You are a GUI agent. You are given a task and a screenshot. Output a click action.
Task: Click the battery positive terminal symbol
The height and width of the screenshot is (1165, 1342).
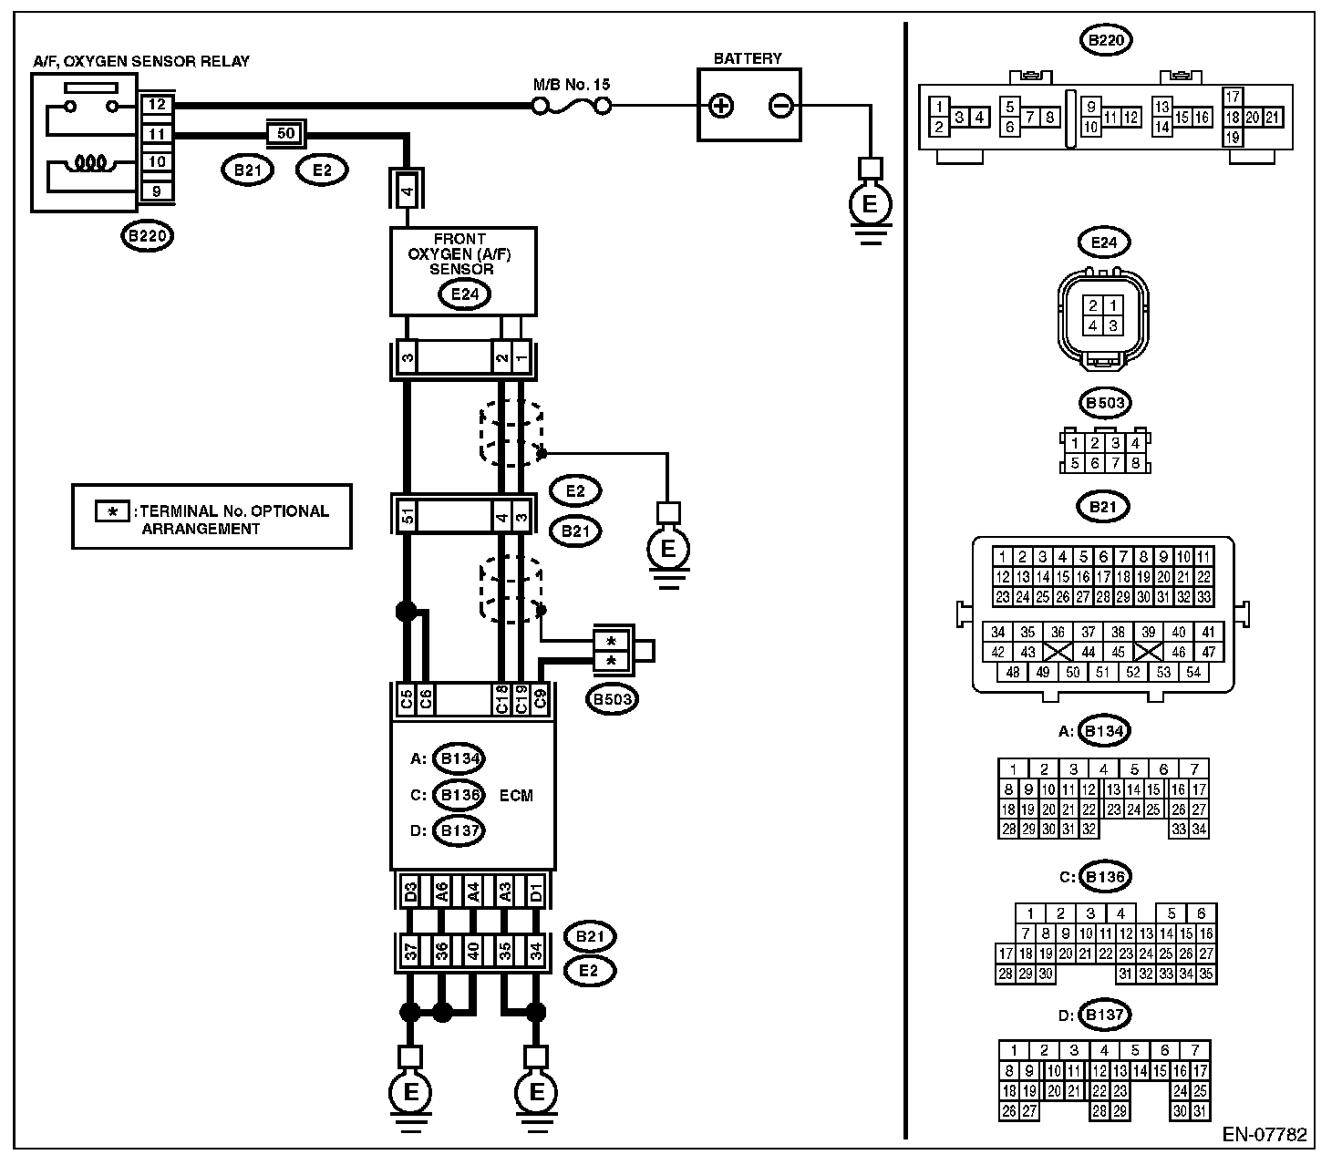721,106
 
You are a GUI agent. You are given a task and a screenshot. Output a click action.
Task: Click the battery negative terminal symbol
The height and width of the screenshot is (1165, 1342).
780,106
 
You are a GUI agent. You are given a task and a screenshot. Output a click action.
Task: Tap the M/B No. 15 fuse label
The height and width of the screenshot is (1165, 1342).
572,85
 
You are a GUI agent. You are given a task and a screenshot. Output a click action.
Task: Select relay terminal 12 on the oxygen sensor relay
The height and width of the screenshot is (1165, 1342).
157,104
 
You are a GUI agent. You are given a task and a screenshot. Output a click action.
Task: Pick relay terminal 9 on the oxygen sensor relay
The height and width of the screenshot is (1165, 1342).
157,191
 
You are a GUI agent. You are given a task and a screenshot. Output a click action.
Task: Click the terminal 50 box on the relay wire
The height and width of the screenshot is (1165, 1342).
286,134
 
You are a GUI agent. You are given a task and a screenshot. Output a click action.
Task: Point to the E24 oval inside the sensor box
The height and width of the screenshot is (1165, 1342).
464,294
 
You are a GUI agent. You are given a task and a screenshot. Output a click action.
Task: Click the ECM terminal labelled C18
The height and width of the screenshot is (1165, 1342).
501,699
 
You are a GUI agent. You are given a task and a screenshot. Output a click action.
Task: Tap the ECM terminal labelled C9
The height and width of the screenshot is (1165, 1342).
540,699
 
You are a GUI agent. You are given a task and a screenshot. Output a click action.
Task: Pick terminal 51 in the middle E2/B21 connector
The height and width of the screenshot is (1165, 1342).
408,516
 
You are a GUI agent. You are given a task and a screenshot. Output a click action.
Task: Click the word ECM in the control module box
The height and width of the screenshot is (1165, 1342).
516,795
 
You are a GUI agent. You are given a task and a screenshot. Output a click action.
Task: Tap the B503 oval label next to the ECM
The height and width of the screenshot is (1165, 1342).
612,699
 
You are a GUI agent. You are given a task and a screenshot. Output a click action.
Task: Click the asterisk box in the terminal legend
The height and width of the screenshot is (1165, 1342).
112,512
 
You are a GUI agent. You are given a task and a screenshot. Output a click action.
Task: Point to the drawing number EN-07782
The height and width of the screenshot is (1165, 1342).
1265,1135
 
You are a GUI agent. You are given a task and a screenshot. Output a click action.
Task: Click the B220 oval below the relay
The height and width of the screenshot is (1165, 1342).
148,235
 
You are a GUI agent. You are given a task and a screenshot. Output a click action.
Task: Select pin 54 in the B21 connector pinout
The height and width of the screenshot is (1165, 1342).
1193,672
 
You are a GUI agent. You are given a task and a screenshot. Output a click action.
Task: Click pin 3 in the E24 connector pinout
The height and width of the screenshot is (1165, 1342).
1113,325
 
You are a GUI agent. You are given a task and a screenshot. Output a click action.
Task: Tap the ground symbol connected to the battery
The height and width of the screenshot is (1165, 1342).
871,204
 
